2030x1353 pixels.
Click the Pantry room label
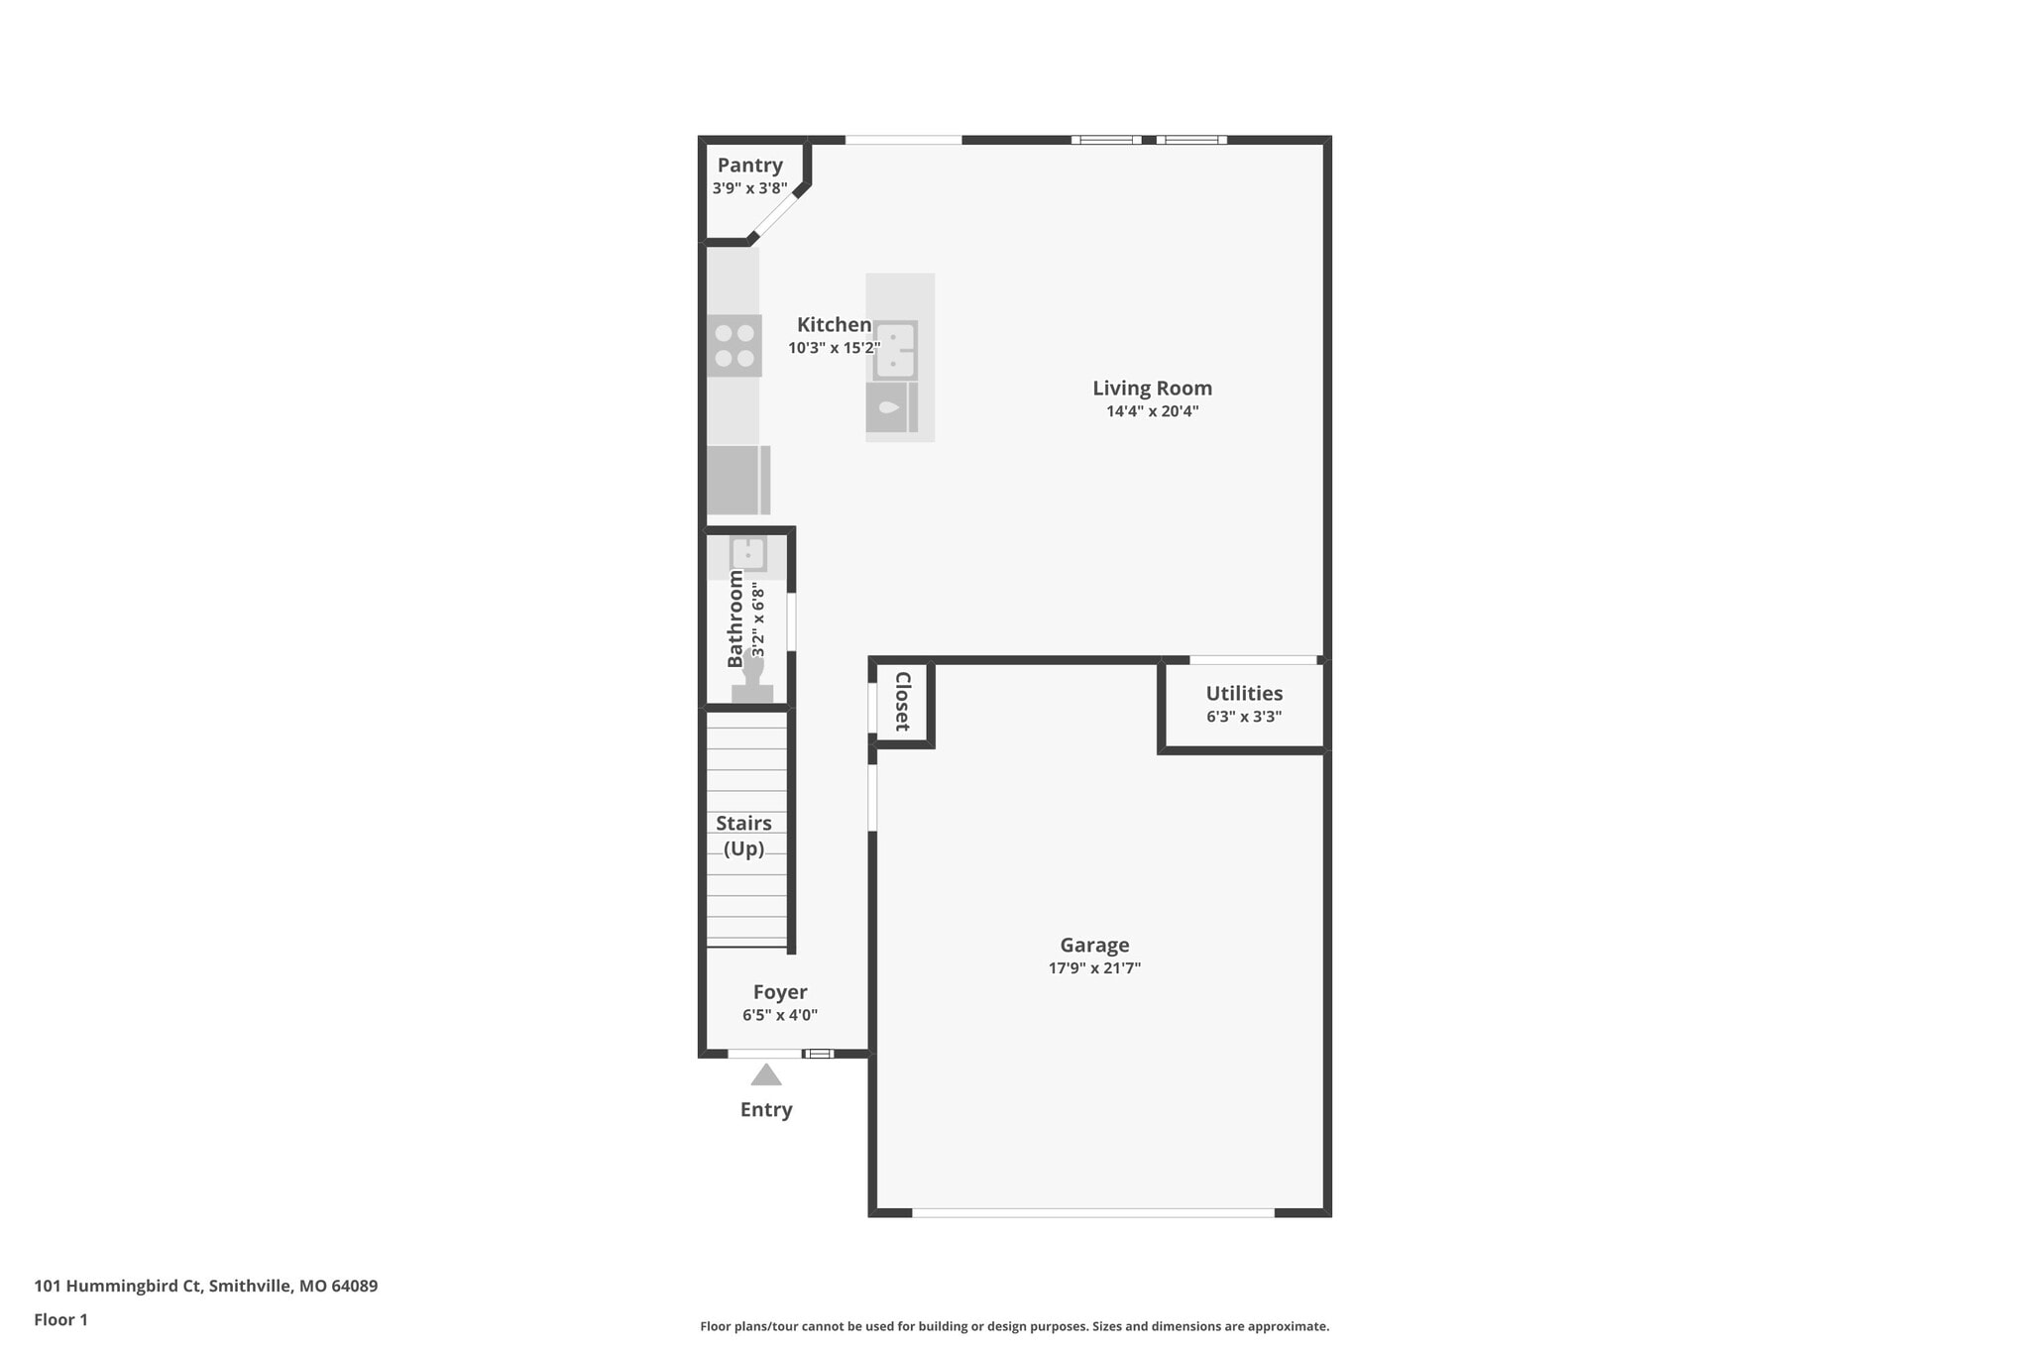coord(749,166)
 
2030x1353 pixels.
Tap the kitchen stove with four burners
coord(734,345)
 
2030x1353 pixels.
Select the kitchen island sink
coord(895,350)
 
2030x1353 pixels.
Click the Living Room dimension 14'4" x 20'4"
coord(1152,411)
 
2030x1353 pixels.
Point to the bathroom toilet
coord(752,679)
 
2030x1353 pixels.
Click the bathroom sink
coord(747,553)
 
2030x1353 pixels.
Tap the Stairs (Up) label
coord(743,836)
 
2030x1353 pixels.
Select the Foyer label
coord(780,992)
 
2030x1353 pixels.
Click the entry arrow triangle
coord(765,1074)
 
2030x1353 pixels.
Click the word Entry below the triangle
coord(766,1110)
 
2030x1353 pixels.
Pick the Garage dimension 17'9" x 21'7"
coord(1094,968)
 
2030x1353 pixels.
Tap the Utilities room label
coord(1244,694)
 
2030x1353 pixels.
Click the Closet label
coord(902,701)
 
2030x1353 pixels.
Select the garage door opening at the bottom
coord(1092,1212)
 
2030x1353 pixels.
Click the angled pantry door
coord(776,214)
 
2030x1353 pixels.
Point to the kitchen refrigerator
coord(737,480)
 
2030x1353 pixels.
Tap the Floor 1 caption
coord(60,1319)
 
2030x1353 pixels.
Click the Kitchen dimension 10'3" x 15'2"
coord(834,348)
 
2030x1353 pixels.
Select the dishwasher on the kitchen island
coord(891,407)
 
